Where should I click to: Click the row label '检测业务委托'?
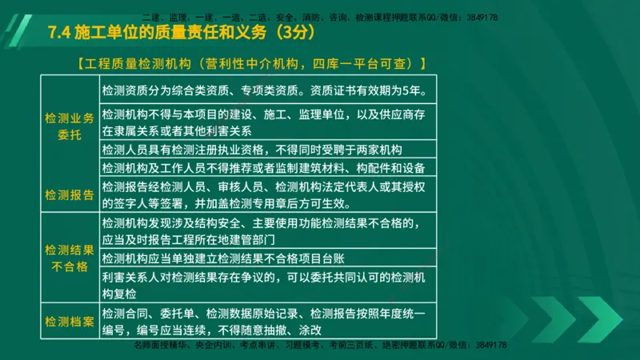70,126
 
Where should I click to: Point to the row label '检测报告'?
70,194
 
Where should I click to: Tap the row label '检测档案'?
70,321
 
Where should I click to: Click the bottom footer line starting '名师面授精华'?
320,345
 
